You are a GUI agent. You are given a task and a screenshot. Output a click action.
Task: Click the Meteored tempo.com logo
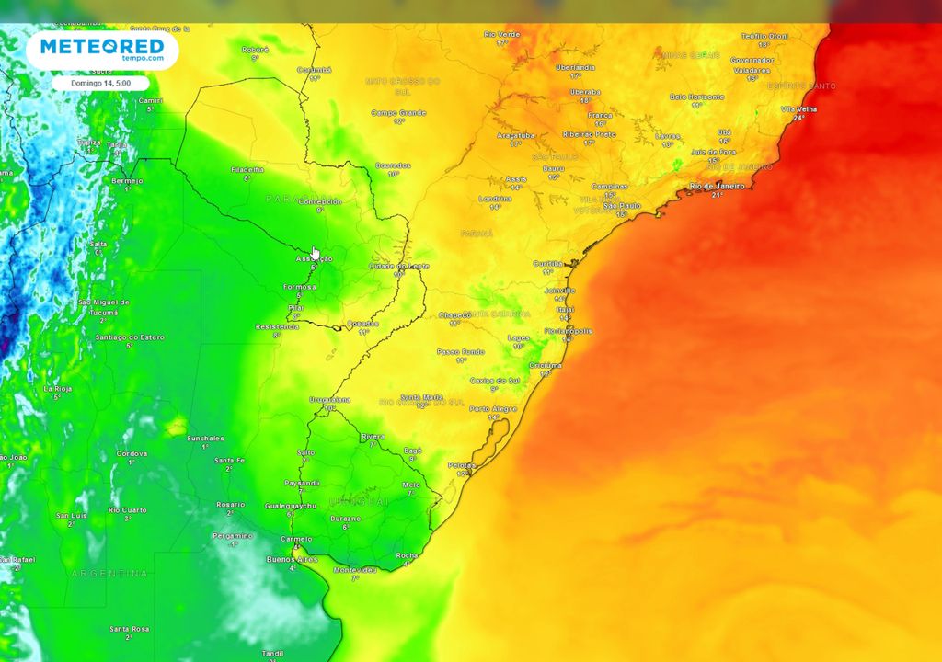(101, 50)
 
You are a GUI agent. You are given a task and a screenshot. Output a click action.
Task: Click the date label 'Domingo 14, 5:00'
(100, 83)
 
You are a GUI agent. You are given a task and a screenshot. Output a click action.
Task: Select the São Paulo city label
(622, 205)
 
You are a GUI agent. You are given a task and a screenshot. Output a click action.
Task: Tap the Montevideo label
(355, 570)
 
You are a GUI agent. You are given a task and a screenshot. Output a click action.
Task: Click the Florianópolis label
(569, 330)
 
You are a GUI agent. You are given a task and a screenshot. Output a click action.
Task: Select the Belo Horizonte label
(696, 97)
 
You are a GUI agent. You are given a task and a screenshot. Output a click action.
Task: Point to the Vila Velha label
(798, 108)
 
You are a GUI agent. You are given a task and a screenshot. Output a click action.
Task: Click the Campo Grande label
(398, 113)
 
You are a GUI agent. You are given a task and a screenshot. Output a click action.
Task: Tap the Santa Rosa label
(129, 629)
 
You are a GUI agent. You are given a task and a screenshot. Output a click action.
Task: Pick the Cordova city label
(132, 453)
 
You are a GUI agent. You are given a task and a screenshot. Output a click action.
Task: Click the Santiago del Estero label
(130, 337)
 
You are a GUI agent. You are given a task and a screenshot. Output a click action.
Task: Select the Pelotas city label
(462, 465)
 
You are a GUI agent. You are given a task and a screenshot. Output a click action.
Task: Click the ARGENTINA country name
(109, 574)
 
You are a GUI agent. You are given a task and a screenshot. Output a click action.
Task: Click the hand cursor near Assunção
(315, 253)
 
